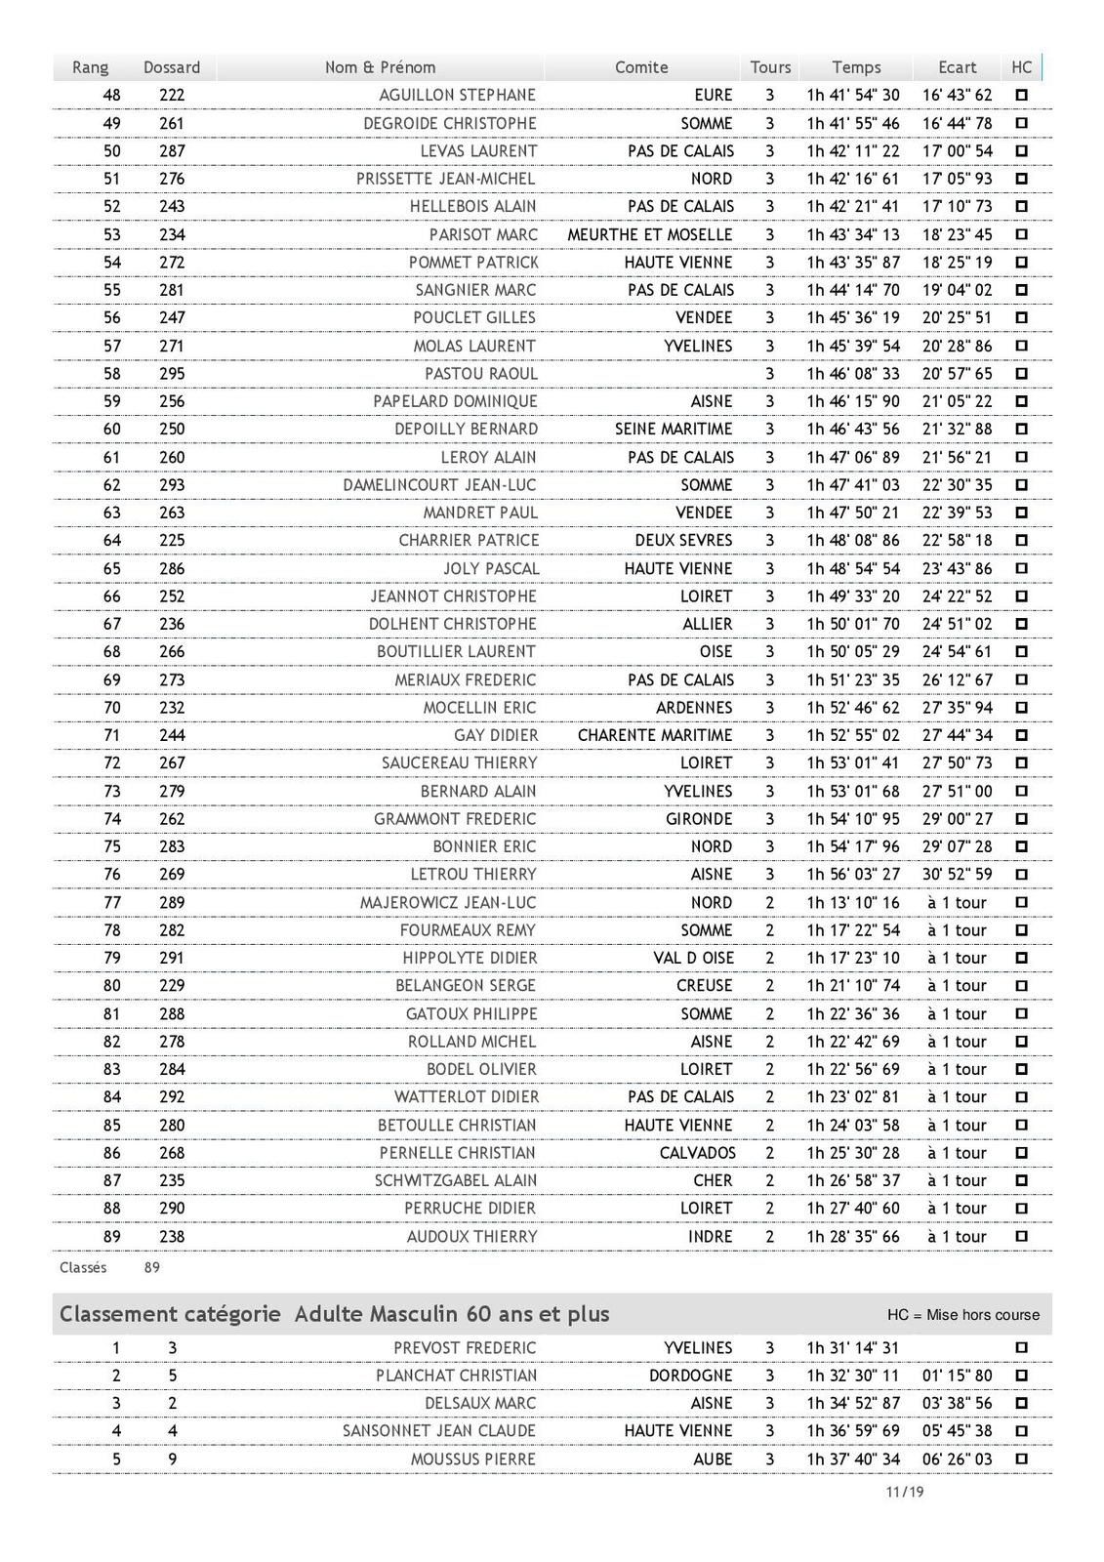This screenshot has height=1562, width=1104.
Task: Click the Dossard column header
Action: pos(172,67)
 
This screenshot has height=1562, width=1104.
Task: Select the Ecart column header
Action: pos(957,67)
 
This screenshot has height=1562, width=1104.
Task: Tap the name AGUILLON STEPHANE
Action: pos(457,95)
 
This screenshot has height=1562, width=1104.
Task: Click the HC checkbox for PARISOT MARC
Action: pos(1021,234)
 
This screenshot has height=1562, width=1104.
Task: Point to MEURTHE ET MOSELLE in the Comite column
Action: pos(649,234)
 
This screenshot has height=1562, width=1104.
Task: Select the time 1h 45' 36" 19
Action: pos(852,317)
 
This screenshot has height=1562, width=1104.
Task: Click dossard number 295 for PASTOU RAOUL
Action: pos(172,374)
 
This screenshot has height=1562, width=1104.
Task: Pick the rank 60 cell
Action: pos(111,430)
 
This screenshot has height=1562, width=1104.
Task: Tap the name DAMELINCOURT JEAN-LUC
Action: pos(439,485)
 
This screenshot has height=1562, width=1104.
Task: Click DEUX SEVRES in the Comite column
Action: pos(682,540)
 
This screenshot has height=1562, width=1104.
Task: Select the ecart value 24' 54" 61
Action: pos(957,651)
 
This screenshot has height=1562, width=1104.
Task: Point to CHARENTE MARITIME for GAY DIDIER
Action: pos(654,735)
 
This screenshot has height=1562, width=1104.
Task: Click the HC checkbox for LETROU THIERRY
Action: pos(1021,875)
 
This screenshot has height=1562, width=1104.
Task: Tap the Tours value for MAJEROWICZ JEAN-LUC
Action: pos(769,903)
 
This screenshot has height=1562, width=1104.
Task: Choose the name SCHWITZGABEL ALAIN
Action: pos(456,1180)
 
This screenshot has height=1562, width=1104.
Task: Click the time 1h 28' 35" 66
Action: pos(852,1237)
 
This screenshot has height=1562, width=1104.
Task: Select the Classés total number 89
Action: pos(151,1267)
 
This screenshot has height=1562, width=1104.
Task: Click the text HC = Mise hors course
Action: pos(962,1315)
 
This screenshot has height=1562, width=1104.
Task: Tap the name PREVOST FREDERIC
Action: pos(465,1348)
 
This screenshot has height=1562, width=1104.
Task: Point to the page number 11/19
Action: pos(904,1492)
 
